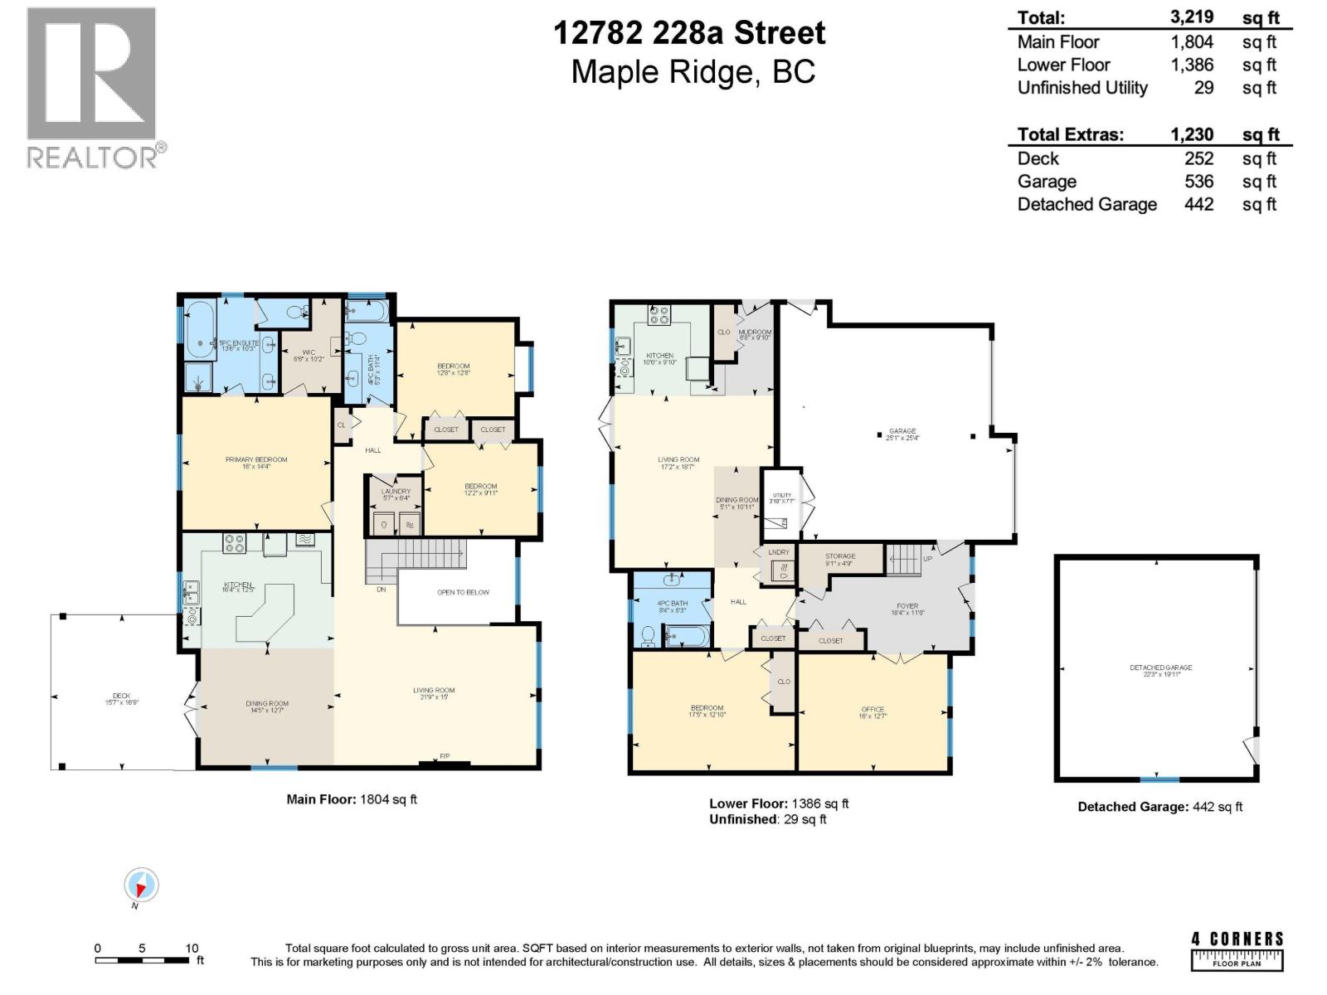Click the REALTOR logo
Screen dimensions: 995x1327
pos(91,87)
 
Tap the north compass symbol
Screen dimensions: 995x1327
pos(141,886)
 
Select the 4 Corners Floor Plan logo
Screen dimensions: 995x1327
pos(1237,950)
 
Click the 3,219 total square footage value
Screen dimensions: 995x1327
pos(1192,17)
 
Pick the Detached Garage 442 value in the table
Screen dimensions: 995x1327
pos(1198,204)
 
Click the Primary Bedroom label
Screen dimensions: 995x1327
pos(256,459)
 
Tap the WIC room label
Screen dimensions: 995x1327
pos(309,352)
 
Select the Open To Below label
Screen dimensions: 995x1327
pos(463,592)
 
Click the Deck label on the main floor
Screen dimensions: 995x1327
pos(121,696)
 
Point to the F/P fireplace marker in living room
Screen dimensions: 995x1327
pos(445,756)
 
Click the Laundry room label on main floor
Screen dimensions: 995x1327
pos(396,492)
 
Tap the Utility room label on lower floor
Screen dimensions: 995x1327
pos(782,495)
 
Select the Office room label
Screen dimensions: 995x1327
pos(873,710)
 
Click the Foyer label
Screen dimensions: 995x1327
pos(907,606)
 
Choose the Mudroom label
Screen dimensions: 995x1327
pos(755,332)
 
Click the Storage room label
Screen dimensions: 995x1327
pos(840,556)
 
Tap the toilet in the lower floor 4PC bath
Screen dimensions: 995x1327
pos(649,636)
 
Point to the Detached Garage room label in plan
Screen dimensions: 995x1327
pos(1160,667)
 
